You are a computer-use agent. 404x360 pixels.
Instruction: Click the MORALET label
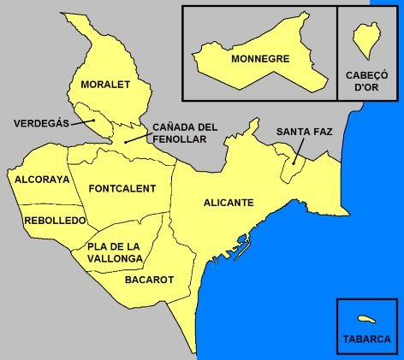104,85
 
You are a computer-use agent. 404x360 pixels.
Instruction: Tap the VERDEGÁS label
41,123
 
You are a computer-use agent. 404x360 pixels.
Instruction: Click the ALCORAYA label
41,180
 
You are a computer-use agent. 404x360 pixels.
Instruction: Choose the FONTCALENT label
122,188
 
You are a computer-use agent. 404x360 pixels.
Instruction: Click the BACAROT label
149,279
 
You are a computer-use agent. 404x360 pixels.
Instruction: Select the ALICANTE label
229,203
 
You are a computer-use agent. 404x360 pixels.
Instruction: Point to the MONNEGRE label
260,59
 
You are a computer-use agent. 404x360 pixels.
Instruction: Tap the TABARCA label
366,337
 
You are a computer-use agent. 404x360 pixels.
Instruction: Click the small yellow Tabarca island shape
368,318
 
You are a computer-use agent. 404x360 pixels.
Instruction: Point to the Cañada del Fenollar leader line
137,137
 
